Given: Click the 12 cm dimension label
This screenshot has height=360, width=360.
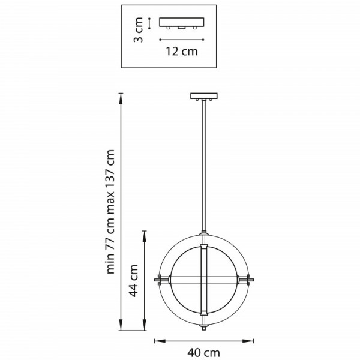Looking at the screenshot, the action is tap(182, 51).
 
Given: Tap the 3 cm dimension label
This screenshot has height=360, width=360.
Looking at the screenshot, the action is tap(139, 30).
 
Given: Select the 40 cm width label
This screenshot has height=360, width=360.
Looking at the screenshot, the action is tap(203, 352).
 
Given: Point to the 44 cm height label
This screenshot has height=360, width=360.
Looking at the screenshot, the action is tap(133, 281).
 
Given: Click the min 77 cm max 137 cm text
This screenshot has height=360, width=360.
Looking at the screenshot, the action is tap(110, 211).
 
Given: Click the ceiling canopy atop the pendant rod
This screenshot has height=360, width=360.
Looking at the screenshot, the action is tap(204, 96).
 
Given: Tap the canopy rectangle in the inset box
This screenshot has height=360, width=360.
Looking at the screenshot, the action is tap(182, 22).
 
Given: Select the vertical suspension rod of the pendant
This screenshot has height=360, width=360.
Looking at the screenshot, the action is tap(204, 166).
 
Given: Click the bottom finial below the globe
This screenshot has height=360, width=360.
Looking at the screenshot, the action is tap(203, 327).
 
